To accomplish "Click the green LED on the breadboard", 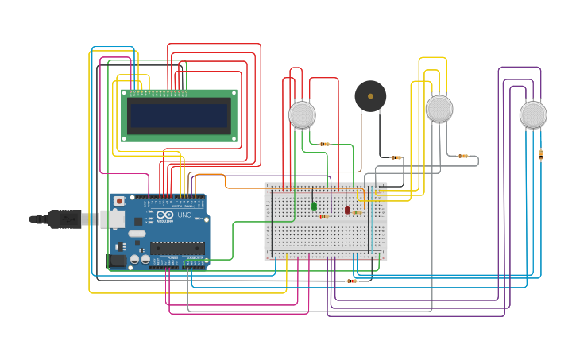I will point(314,206).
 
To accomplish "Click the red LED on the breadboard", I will point(347,209).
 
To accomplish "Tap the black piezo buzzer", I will point(370,96).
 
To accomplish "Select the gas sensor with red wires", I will point(302,114).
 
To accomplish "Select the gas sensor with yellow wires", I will point(439,109).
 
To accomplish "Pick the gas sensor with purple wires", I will point(533,114).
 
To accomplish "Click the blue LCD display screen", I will point(179,116).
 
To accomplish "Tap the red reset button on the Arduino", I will point(119,201).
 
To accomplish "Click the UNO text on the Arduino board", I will point(183,215).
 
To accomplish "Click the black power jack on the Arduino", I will point(117,260).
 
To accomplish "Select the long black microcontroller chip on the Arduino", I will point(177,248).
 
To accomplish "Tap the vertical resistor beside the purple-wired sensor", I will point(541,154).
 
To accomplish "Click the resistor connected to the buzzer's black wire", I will point(396,157).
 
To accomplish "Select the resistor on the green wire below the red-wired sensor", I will point(324,145).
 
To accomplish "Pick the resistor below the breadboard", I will point(351,281).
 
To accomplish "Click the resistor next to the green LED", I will point(323,215).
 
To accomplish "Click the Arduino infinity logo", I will point(164,215).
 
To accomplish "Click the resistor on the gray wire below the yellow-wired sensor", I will point(463,156).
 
